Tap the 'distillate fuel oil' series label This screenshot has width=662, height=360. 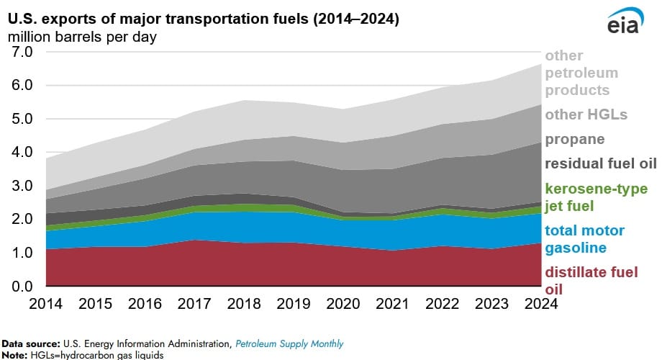click(x=591, y=281)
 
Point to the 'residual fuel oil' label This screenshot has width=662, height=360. click(x=601, y=163)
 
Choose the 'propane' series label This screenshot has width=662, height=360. click(x=574, y=139)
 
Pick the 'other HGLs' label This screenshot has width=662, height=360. click(x=586, y=114)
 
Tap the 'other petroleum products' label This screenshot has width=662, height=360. click(x=581, y=73)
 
